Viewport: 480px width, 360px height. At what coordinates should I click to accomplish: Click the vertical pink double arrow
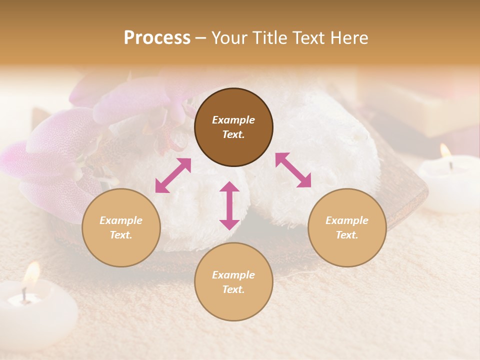[x=229, y=205]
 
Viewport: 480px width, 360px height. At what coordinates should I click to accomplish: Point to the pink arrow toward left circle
[x=173, y=175]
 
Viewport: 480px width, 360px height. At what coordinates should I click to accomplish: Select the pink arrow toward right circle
[x=293, y=170]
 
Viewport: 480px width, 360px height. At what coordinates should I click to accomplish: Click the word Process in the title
[x=157, y=37]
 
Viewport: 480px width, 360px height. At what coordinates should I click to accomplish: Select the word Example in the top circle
[x=233, y=120]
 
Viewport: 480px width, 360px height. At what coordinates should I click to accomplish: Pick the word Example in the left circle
[x=121, y=220]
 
